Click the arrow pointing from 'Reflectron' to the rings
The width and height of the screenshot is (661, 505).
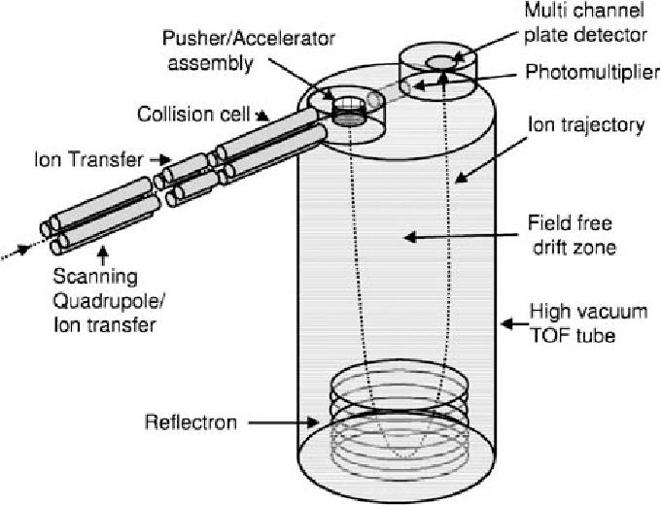(x=276, y=422)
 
